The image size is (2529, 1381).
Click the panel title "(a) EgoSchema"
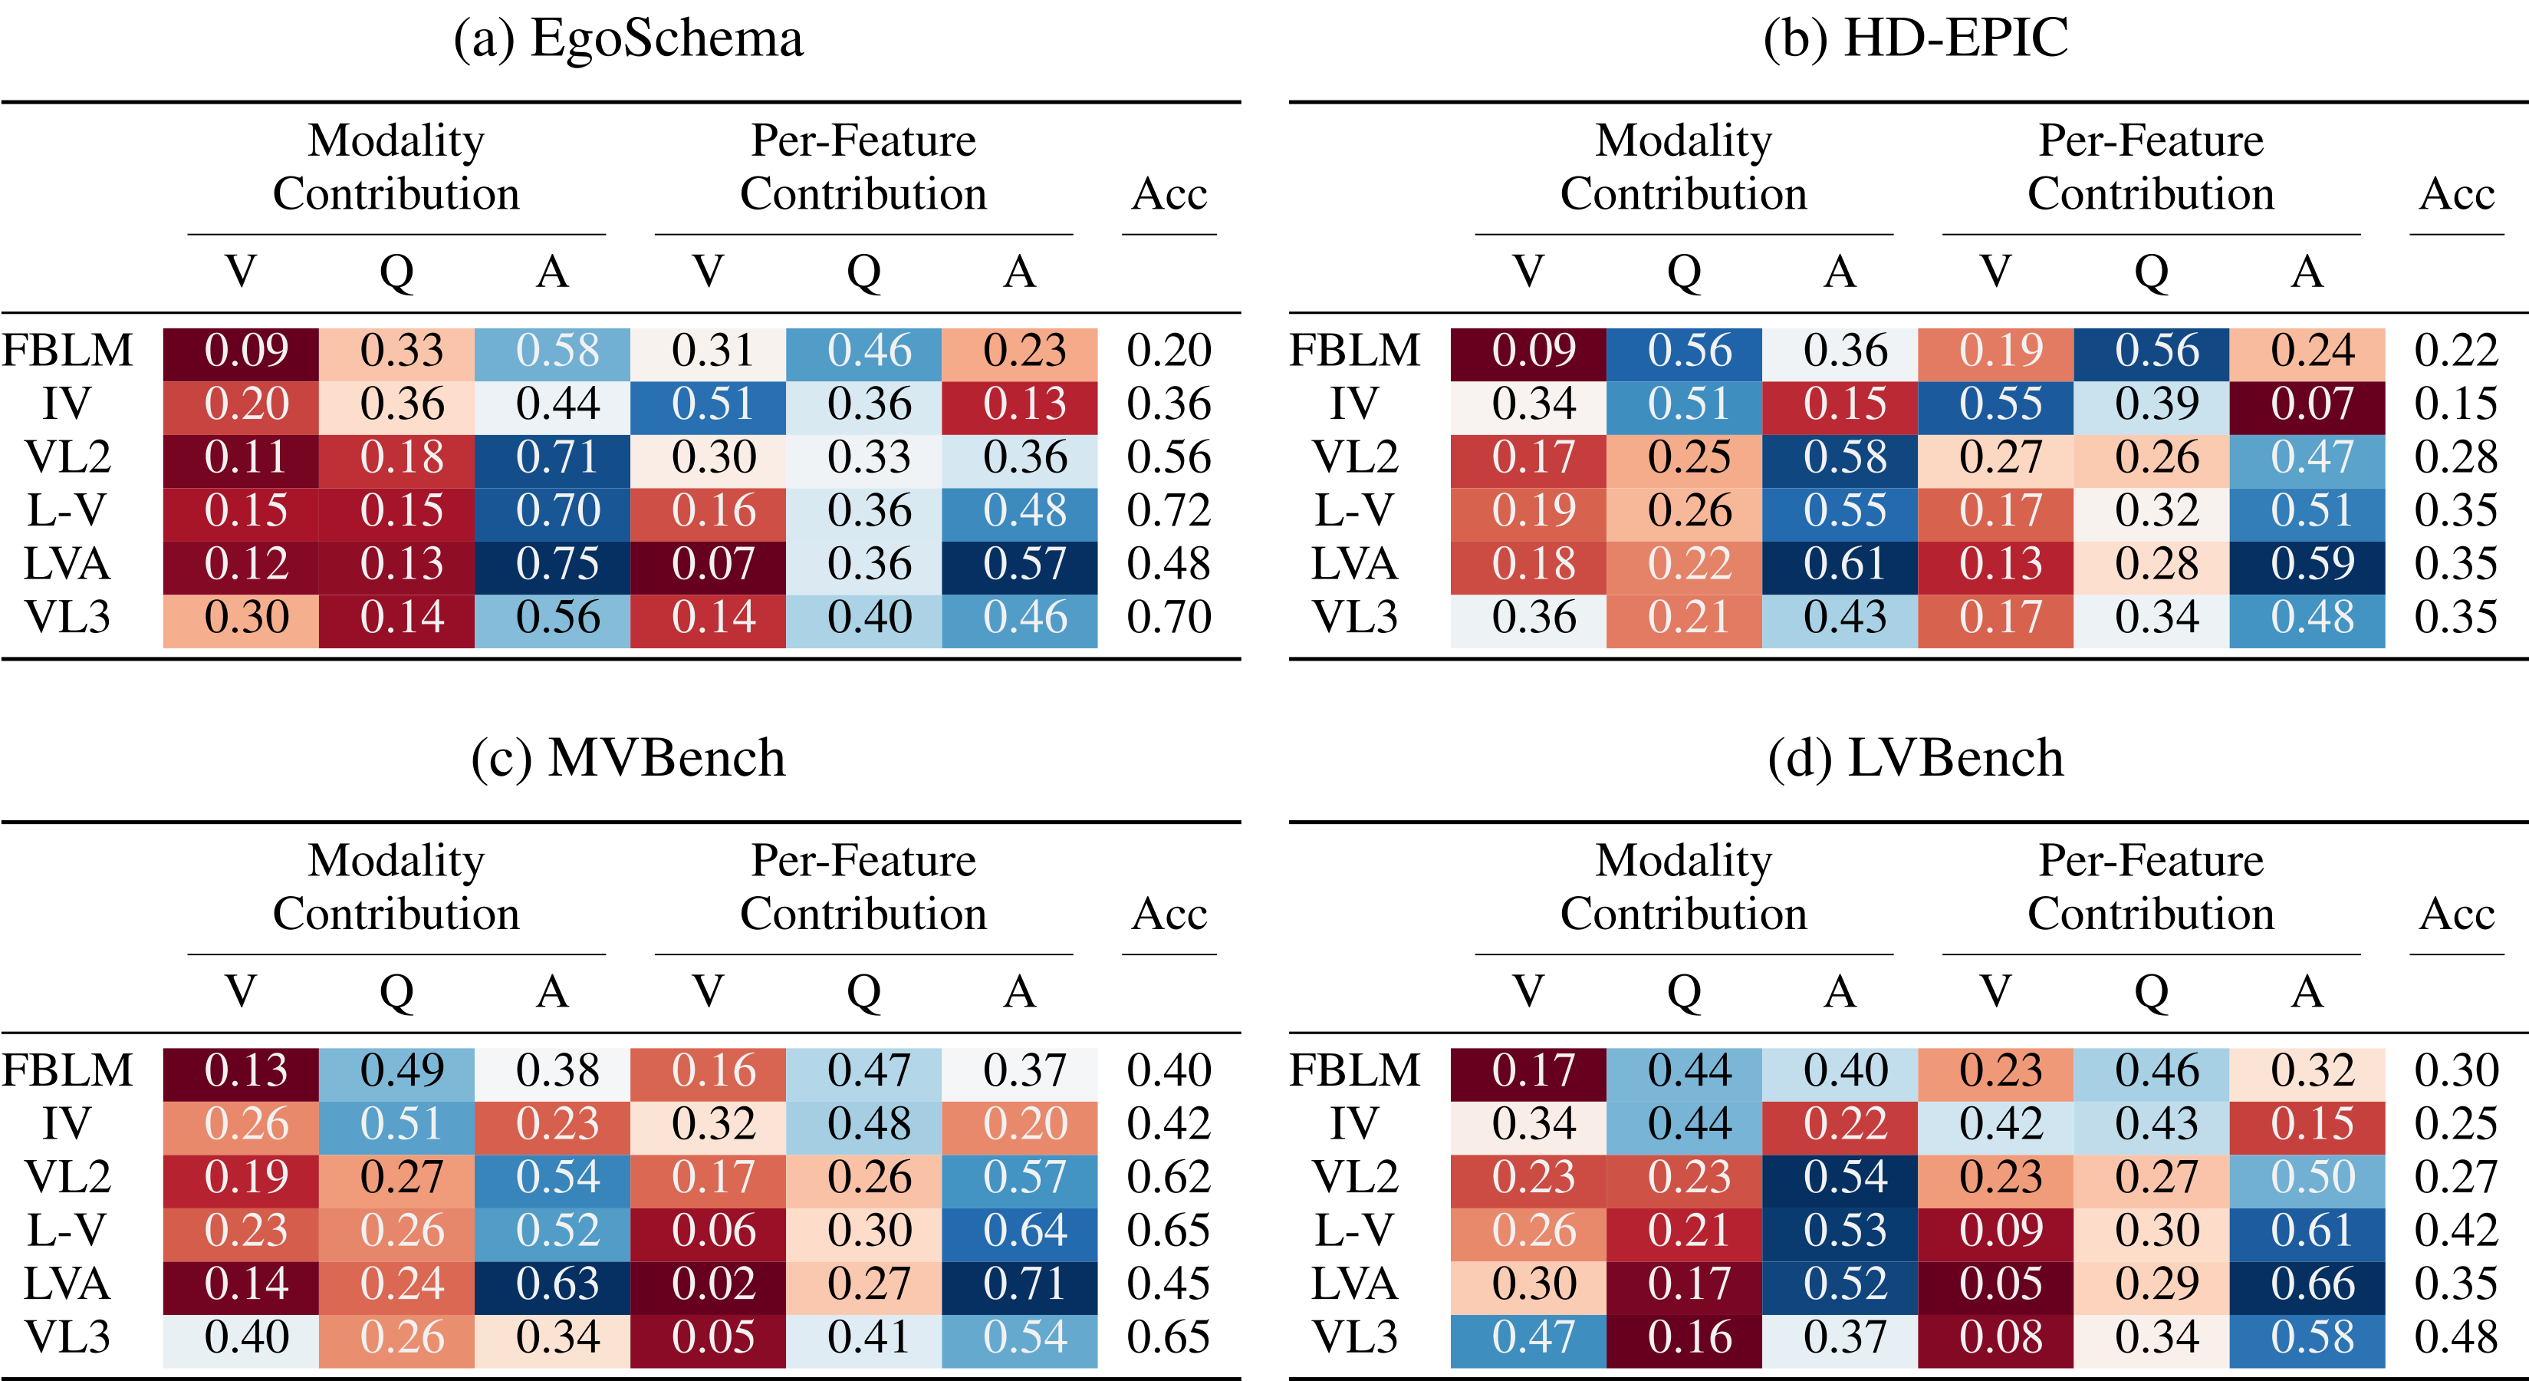(628, 39)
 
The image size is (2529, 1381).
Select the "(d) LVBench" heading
(1916, 758)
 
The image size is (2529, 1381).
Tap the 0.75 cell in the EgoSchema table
(552, 564)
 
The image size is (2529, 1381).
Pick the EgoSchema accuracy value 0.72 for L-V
(1169, 511)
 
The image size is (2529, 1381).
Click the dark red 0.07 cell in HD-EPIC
(2307, 404)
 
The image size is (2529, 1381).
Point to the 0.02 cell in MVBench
(708, 1284)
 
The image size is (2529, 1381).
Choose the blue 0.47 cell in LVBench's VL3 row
(1528, 1337)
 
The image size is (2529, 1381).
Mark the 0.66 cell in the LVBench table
(2307, 1284)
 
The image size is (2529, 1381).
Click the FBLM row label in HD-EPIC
(1355, 351)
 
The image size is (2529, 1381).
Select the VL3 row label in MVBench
(67, 1337)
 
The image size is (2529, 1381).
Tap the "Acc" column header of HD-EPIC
(2456, 194)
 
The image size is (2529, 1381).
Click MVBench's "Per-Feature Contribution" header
(863, 887)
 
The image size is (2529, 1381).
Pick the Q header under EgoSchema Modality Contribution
(396, 272)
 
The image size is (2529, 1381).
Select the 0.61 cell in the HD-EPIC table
(1839, 564)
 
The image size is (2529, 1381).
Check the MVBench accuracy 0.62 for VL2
(1169, 1177)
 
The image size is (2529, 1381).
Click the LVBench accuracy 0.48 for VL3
(2456, 1337)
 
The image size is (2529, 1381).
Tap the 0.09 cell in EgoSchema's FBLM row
(241, 351)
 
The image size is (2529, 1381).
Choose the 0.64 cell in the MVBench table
(1019, 1231)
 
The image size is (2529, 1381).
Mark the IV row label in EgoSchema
(67, 404)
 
